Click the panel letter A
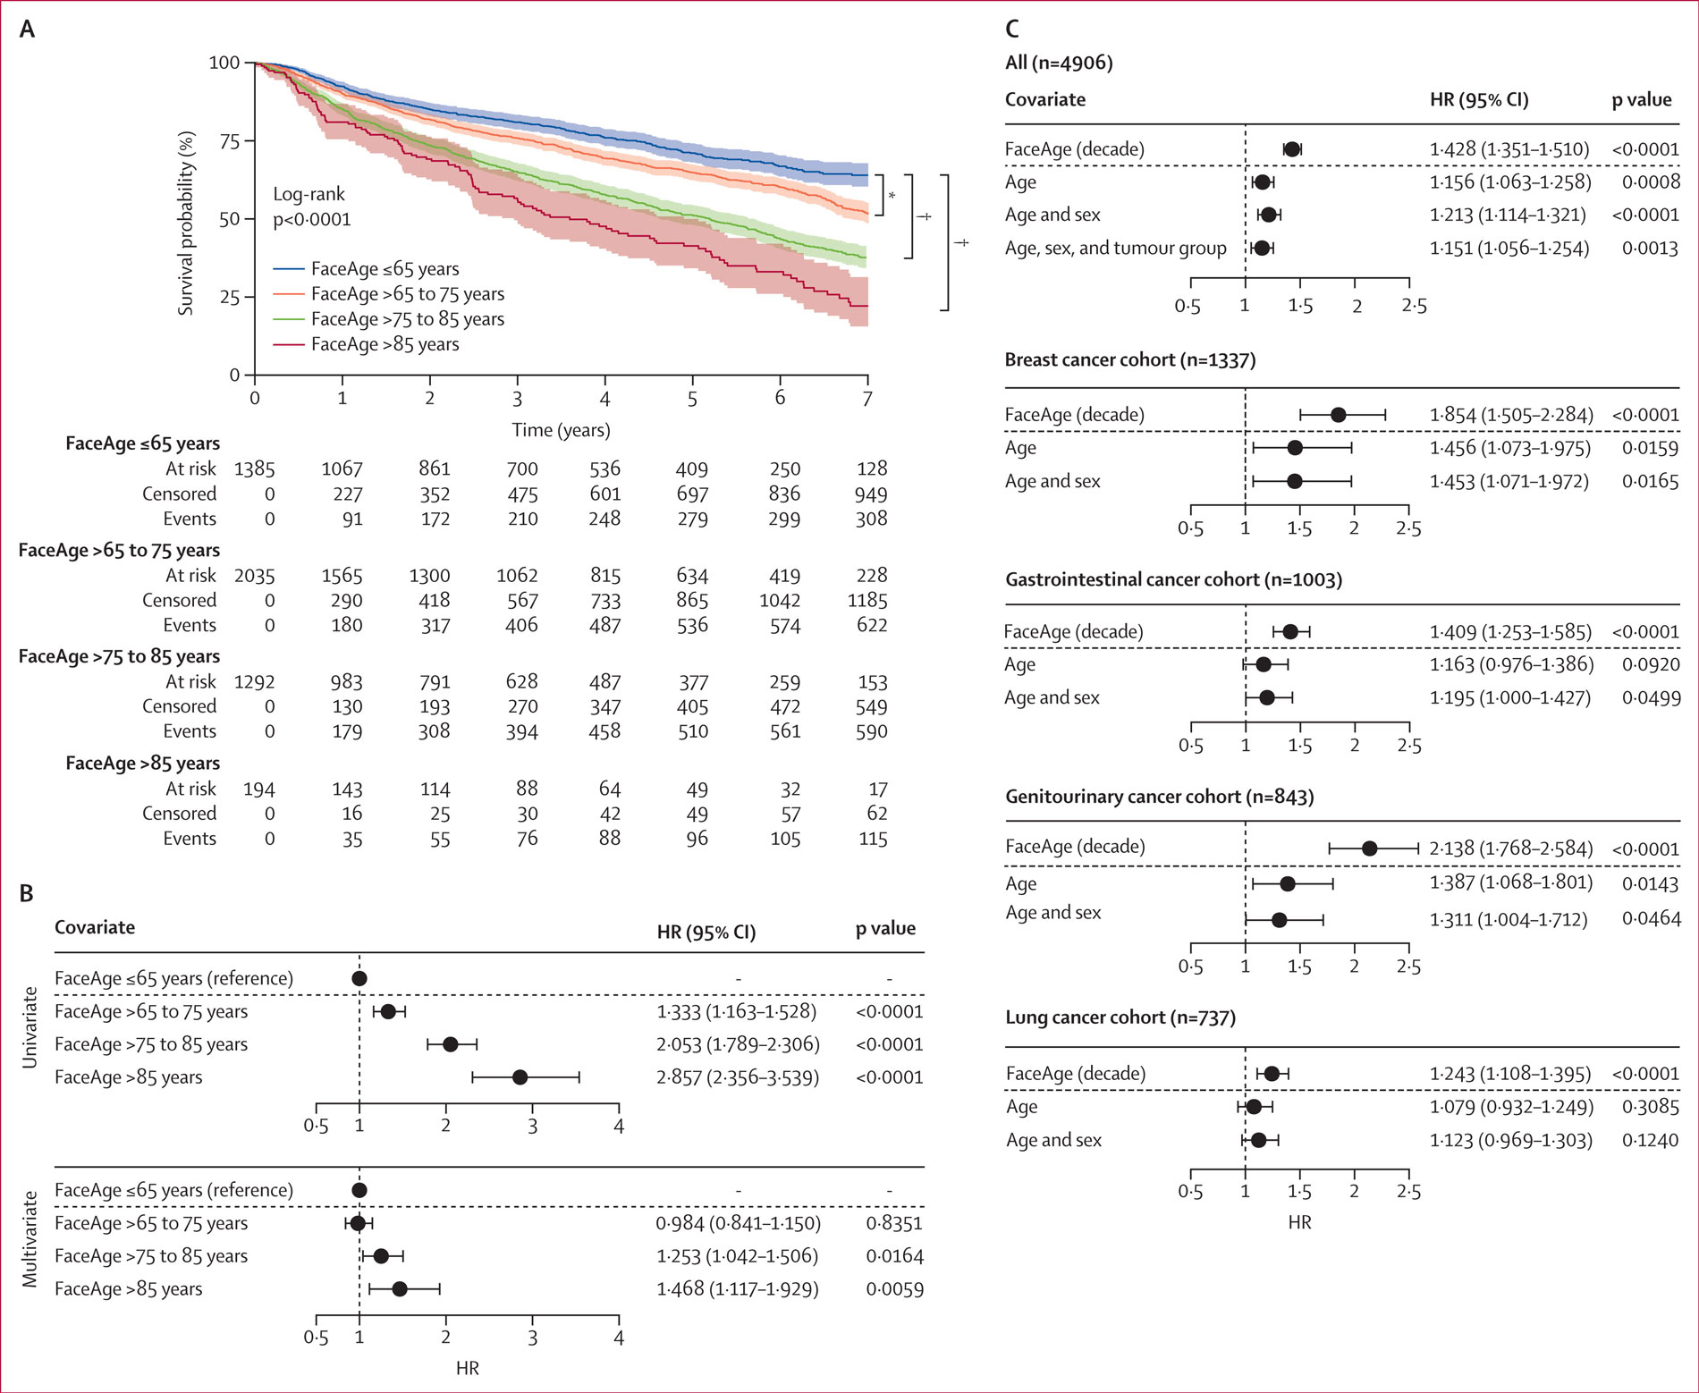[27, 30]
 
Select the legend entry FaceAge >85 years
[385, 344]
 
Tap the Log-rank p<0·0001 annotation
[311, 207]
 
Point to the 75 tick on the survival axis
[230, 141]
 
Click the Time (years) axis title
[561, 430]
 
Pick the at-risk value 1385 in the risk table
[254, 469]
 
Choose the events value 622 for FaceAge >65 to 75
[871, 625]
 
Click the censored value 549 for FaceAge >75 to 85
[871, 707]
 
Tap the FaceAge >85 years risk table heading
[142, 764]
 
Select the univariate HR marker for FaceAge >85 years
[520, 1077]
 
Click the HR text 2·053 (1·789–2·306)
[738, 1044]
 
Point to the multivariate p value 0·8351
[894, 1223]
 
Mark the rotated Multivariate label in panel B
[30, 1239]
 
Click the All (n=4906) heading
[1059, 63]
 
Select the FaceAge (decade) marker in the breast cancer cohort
[1338, 415]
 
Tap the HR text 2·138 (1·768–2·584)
[1510, 848]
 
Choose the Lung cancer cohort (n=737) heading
[1120, 1017]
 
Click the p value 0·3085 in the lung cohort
[1650, 1107]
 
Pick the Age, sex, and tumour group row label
[1115, 249]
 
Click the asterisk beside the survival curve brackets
[892, 196]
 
